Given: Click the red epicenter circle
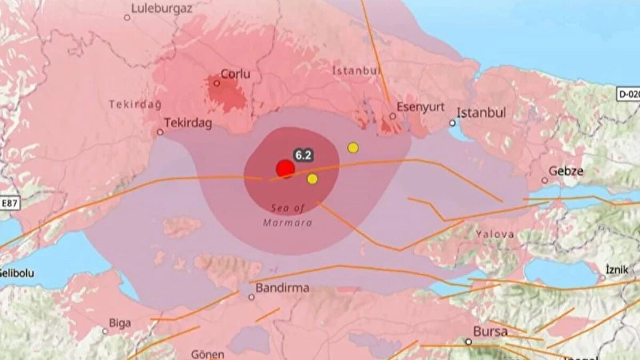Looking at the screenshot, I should (x=285, y=169).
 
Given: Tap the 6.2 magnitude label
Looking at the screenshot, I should (x=303, y=155).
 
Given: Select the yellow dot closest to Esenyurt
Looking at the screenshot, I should (x=353, y=148).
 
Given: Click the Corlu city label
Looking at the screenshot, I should (x=235, y=74).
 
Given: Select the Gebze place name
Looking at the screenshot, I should (x=566, y=171).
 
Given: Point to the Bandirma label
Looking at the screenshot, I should (x=283, y=288).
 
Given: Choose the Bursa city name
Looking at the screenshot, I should (x=490, y=331).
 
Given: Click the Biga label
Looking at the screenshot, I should (x=119, y=323).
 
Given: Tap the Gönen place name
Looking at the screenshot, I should (x=207, y=354).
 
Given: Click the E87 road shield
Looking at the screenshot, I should (x=10, y=203).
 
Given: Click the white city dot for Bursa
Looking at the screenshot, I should (x=468, y=341).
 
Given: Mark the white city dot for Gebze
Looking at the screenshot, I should (x=545, y=180).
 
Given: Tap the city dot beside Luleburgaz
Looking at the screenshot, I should (x=127, y=17).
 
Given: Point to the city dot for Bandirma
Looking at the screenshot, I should (x=251, y=297).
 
